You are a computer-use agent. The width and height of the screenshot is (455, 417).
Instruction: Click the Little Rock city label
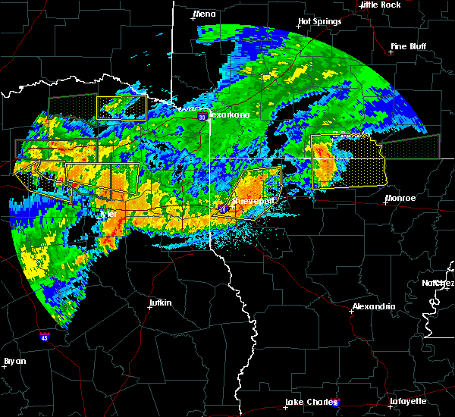tap(380, 5)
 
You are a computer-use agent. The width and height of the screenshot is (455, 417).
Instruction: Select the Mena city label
tap(204, 14)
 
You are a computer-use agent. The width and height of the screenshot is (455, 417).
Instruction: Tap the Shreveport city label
tap(253, 202)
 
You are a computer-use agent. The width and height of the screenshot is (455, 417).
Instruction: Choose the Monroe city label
tap(400, 198)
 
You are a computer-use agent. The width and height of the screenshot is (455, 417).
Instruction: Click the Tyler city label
tap(109, 214)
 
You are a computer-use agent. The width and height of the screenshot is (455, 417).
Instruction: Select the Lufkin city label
tap(160, 303)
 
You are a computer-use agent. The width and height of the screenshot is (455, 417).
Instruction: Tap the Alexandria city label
tap(373, 306)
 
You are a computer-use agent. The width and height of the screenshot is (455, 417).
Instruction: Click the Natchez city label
tap(438, 283)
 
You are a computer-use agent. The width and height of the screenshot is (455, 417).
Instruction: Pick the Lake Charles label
tap(308, 402)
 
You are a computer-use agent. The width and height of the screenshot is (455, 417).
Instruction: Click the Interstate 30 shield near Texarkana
tap(202, 117)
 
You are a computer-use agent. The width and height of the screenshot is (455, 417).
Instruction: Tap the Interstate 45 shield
tap(45, 334)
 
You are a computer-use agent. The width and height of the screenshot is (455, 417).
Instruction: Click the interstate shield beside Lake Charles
tap(336, 403)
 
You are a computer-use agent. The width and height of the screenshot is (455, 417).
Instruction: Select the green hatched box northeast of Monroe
tap(409, 146)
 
